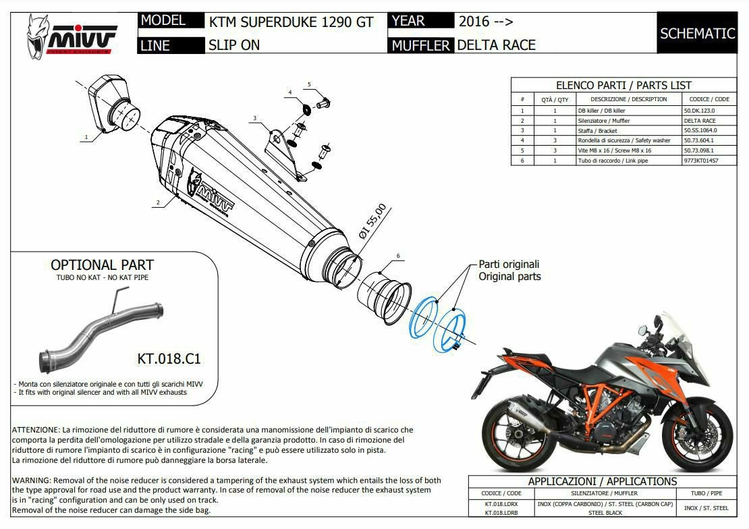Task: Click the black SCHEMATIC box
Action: click(697, 33)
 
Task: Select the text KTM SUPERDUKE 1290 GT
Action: click(291, 22)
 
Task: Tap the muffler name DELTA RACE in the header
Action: click(497, 45)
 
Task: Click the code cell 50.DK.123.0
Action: click(699, 111)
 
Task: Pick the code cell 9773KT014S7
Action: click(701, 161)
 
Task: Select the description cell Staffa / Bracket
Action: click(598, 130)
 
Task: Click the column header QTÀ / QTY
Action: click(555, 99)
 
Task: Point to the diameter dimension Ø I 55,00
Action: click(372, 221)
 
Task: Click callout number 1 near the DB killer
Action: click(86, 137)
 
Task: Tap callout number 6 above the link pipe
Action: click(398, 256)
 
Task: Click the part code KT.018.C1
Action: click(169, 358)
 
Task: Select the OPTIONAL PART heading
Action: click(102, 264)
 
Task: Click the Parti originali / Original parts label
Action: click(509, 270)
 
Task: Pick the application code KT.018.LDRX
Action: click(501, 503)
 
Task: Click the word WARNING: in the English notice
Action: click(32, 480)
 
